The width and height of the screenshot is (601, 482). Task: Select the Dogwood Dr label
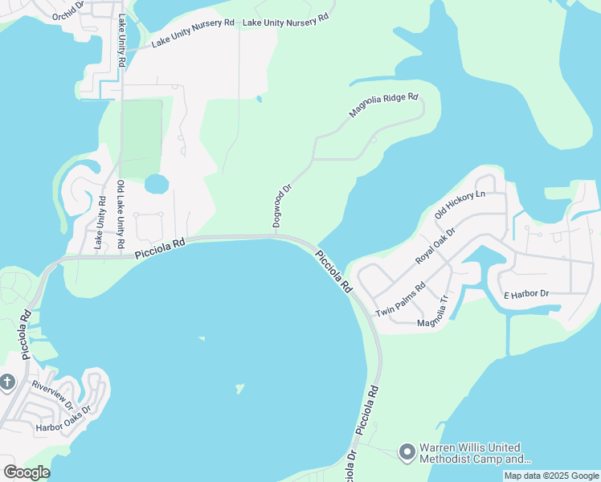pyautogui.click(x=281, y=205)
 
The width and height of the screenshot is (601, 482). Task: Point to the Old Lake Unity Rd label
pyautogui.click(x=121, y=213)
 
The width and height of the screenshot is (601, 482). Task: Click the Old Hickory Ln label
pyautogui.click(x=460, y=205)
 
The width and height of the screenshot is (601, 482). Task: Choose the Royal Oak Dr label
pyautogui.click(x=435, y=246)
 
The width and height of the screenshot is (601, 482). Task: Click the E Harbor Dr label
pyautogui.click(x=525, y=294)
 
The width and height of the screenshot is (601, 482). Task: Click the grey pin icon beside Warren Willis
pyautogui.click(x=407, y=453)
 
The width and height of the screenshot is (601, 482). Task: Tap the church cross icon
pyautogui.click(x=7, y=381)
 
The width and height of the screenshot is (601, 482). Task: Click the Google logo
pyautogui.click(x=27, y=472)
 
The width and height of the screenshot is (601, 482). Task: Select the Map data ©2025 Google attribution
pyautogui.click(x=550, y=476)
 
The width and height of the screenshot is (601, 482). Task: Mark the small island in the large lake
pyautogui.click(x=239, y=390)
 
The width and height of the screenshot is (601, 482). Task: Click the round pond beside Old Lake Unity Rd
pyautogui.click(x=157, y=184)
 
